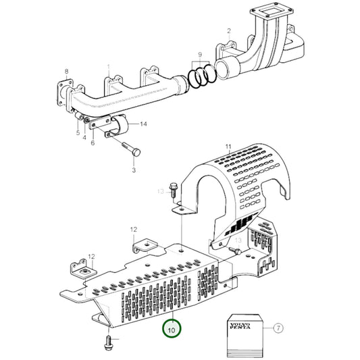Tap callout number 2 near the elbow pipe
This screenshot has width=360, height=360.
coord(229,30)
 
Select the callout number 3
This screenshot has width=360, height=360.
coord(133,171)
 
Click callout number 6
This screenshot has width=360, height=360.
coord(93,143)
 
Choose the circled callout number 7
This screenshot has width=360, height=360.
coord(277,329)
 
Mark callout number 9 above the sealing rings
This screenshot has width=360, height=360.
coord(200,53)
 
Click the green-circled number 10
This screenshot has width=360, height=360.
coord(172,329)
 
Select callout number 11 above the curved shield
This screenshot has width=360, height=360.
coord(228,147)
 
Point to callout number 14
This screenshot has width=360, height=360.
coord(143,124)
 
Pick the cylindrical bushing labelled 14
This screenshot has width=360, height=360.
coord(123,126)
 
